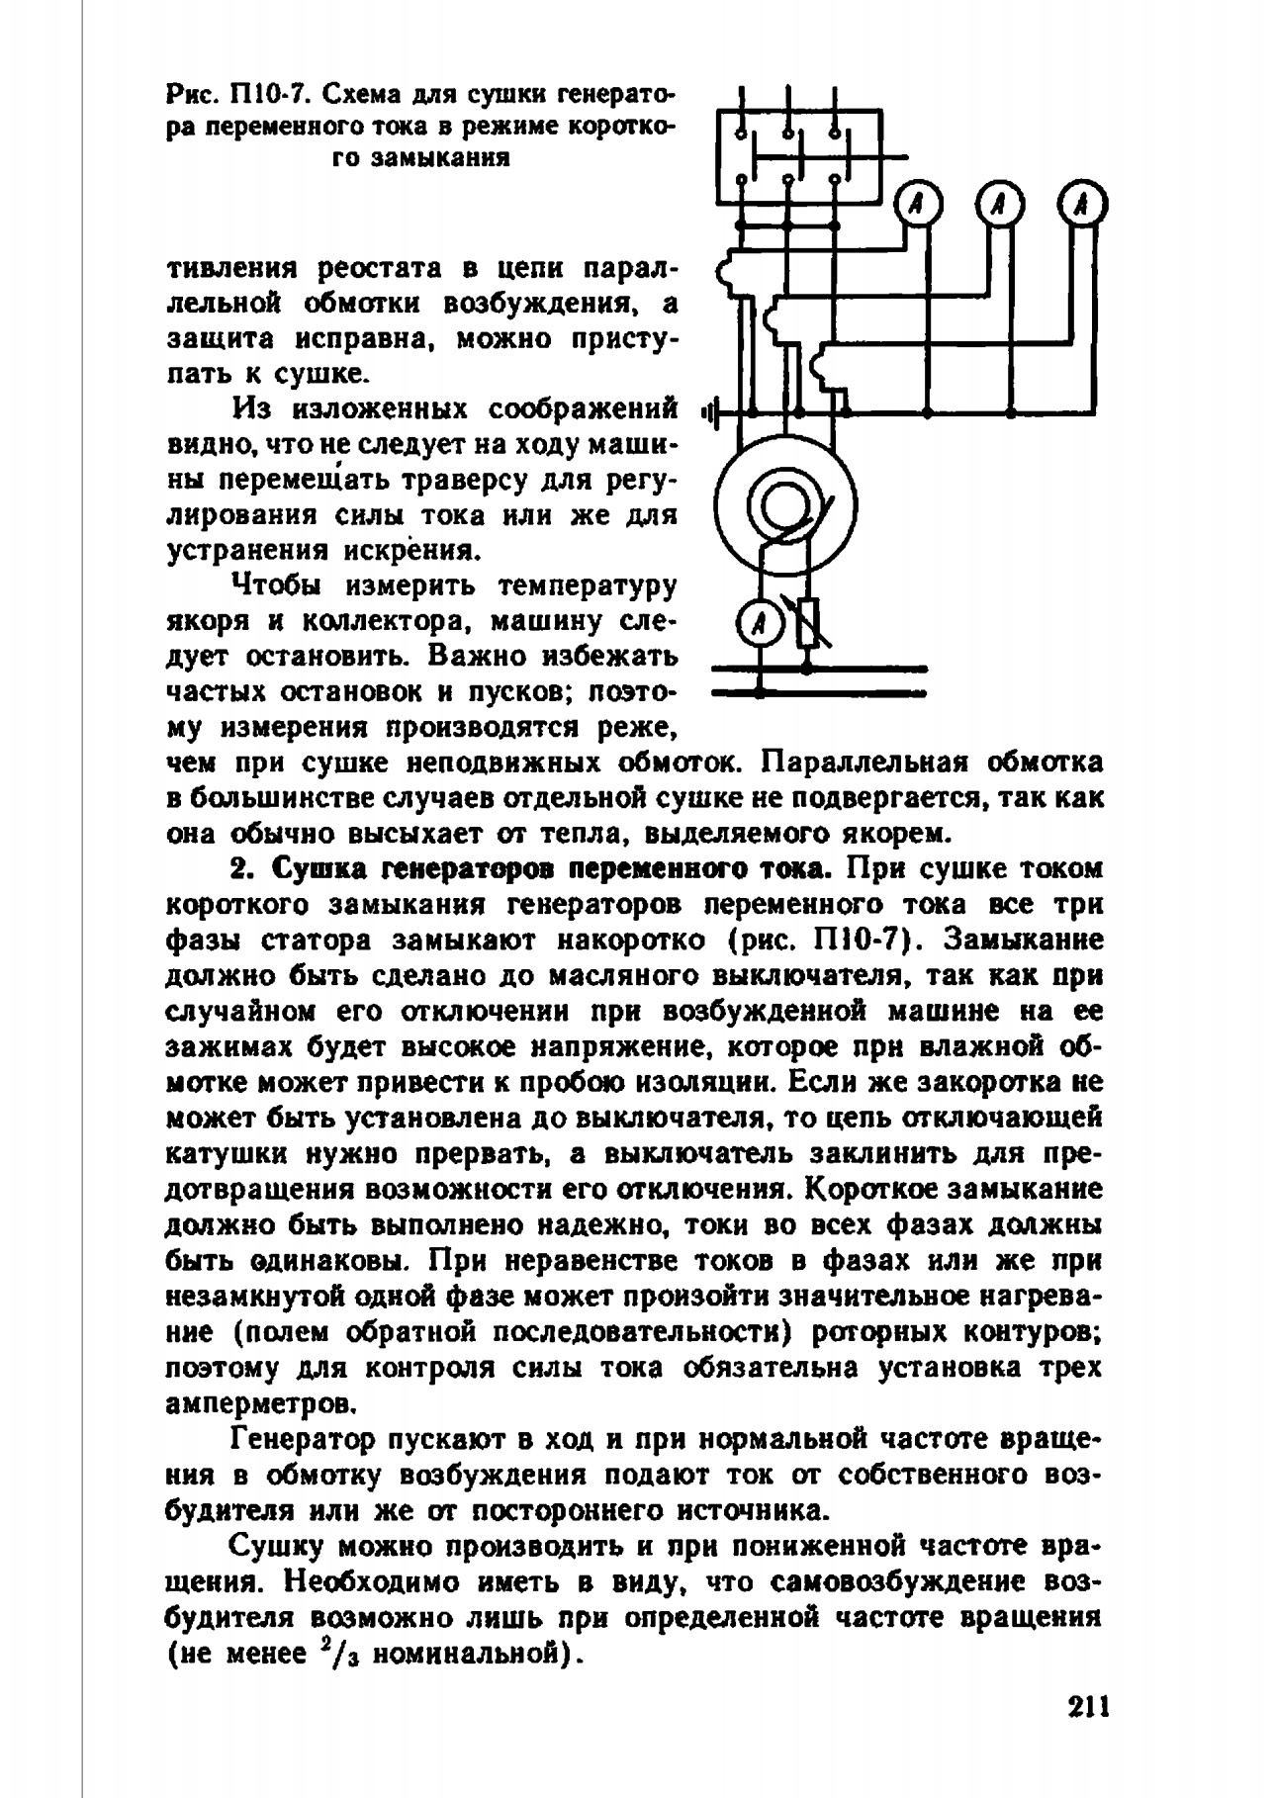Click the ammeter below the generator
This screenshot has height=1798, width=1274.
tap(760, 623)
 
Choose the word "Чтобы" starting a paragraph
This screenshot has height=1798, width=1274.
tap(276, 586)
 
